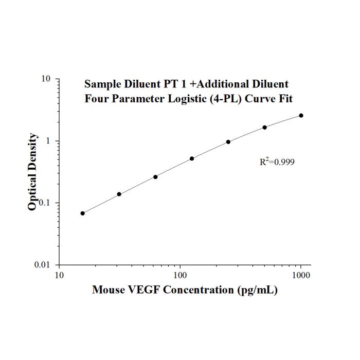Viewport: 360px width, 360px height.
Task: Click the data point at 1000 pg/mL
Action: pos(301,116)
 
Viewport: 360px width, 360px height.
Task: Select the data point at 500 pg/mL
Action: pos(265,128)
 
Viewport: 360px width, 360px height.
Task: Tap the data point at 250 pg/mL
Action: pos(228,142)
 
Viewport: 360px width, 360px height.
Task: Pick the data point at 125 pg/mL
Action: pos(192,158)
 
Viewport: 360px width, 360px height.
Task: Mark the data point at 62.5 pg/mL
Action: pos(155,177)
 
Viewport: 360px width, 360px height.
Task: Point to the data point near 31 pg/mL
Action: pos(119,194)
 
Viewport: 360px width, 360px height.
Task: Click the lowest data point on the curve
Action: pos(83,213)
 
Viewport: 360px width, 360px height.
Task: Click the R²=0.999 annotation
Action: pos(277,161)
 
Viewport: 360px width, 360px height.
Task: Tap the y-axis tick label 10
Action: pos(46,79)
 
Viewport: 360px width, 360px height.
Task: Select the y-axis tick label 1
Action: pos(48,141)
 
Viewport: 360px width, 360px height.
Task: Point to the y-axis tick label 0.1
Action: pos(45,203)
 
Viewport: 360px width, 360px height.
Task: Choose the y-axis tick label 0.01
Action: pos(42,265)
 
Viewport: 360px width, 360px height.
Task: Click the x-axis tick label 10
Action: pos(59,275)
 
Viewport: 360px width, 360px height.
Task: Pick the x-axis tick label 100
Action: pos(180,275)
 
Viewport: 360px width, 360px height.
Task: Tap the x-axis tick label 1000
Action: pos(301,275)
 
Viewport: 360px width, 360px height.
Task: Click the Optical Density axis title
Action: pos(32,172)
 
